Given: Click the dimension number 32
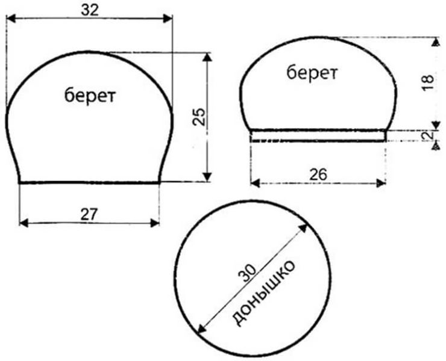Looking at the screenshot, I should click(x=89, y=10).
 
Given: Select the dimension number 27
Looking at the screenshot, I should click(x=89, y=213).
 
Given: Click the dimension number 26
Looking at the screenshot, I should click(x=318, y=174).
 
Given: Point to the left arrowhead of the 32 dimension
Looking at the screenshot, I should click(x=11, y=20).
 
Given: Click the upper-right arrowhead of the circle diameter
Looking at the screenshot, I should click(x=304, y=229).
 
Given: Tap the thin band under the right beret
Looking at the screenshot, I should click(x=318, y=136).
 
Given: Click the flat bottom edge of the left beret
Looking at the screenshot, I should click(x=89, y=182).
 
